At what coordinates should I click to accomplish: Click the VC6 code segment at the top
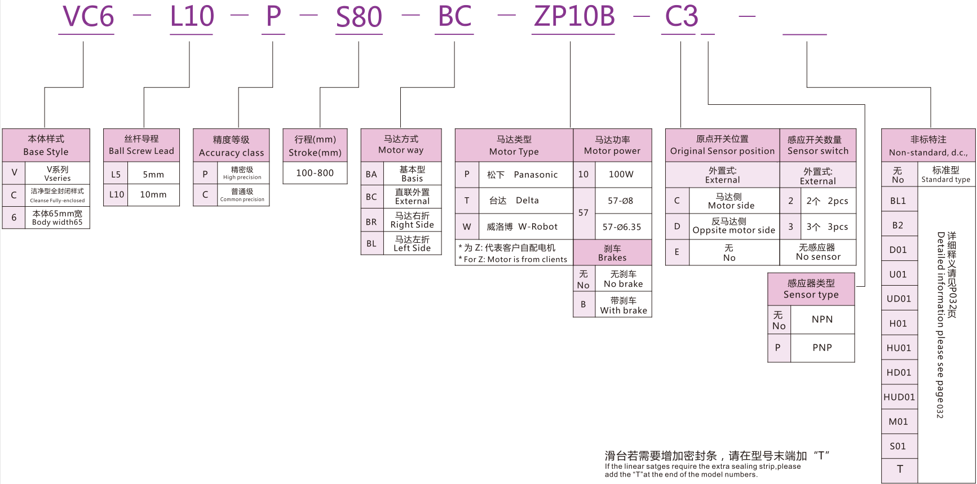(x=88, y=17)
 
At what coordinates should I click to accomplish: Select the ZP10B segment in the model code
(x=574, y=17)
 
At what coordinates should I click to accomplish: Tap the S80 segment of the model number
(x=359, y=17)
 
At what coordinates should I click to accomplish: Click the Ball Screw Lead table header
(x=142, y=145)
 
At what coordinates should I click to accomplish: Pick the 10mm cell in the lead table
(x=153, y=195)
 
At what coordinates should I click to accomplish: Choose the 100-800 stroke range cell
(x=315, y=173)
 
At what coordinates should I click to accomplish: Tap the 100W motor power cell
(x=621, y=175)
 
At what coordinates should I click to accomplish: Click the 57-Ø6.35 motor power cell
(x=621, y=227)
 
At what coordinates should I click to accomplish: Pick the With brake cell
(x=624, y=305)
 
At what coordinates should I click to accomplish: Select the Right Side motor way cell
(x=412, y=220)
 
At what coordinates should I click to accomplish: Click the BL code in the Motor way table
(x=372, y=244)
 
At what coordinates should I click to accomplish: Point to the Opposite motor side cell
(x=733, y=226)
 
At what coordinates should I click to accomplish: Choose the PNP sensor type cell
(x=822, y=348)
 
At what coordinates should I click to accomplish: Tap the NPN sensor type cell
(x=822, y=319)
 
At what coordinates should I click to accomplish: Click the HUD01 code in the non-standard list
(x=899, y=397)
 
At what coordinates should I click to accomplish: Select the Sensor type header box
(x=811, y=289)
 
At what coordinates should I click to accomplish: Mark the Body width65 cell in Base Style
(x=57, y=218)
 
